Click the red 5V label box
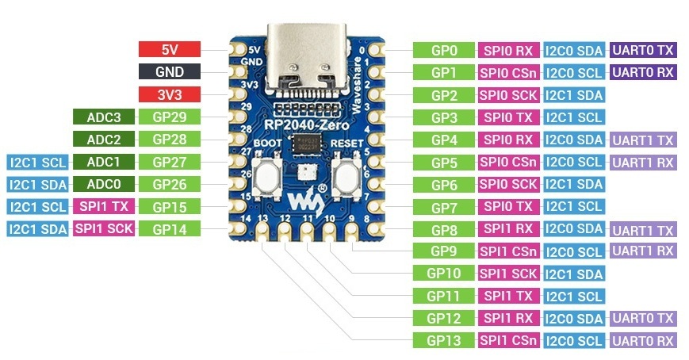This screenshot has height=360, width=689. pyautogui.click(x=170, y=49)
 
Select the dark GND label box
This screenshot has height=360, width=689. pyautogui.click(x=170, y=71)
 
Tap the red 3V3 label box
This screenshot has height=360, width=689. pyautogui.click(x=170, y=94)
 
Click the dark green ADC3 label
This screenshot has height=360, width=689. pyautogui.click(x=104, y=117)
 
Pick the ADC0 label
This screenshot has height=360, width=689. pyautogui.click(x=104, y=184)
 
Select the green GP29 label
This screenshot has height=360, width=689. pyautogui.click(x=170, y=117)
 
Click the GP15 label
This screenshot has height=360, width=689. pyautogui.click(x=170, y=207)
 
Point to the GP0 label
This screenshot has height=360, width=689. pyautogui.click(x=444, y=50)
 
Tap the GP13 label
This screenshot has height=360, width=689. pyautogui.click(x=444, y=340)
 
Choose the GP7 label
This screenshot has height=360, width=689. pyautogui.click(x=444, y=207)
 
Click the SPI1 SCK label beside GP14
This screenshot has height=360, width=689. pyautogui.click(x=104, y=228)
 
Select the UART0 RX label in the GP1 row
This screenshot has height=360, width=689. pyautogui.click(x=643, y=72)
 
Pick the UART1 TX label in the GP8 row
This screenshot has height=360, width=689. pyautogui.click(x=643, y=229)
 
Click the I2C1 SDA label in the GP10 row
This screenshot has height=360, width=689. pyautogui.click(x=574, y=274)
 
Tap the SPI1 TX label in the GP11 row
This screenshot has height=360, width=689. pyautogui.click(x=508, y=296)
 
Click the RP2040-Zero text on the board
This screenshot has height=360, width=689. pyautogui.click(x=306, y=125)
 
